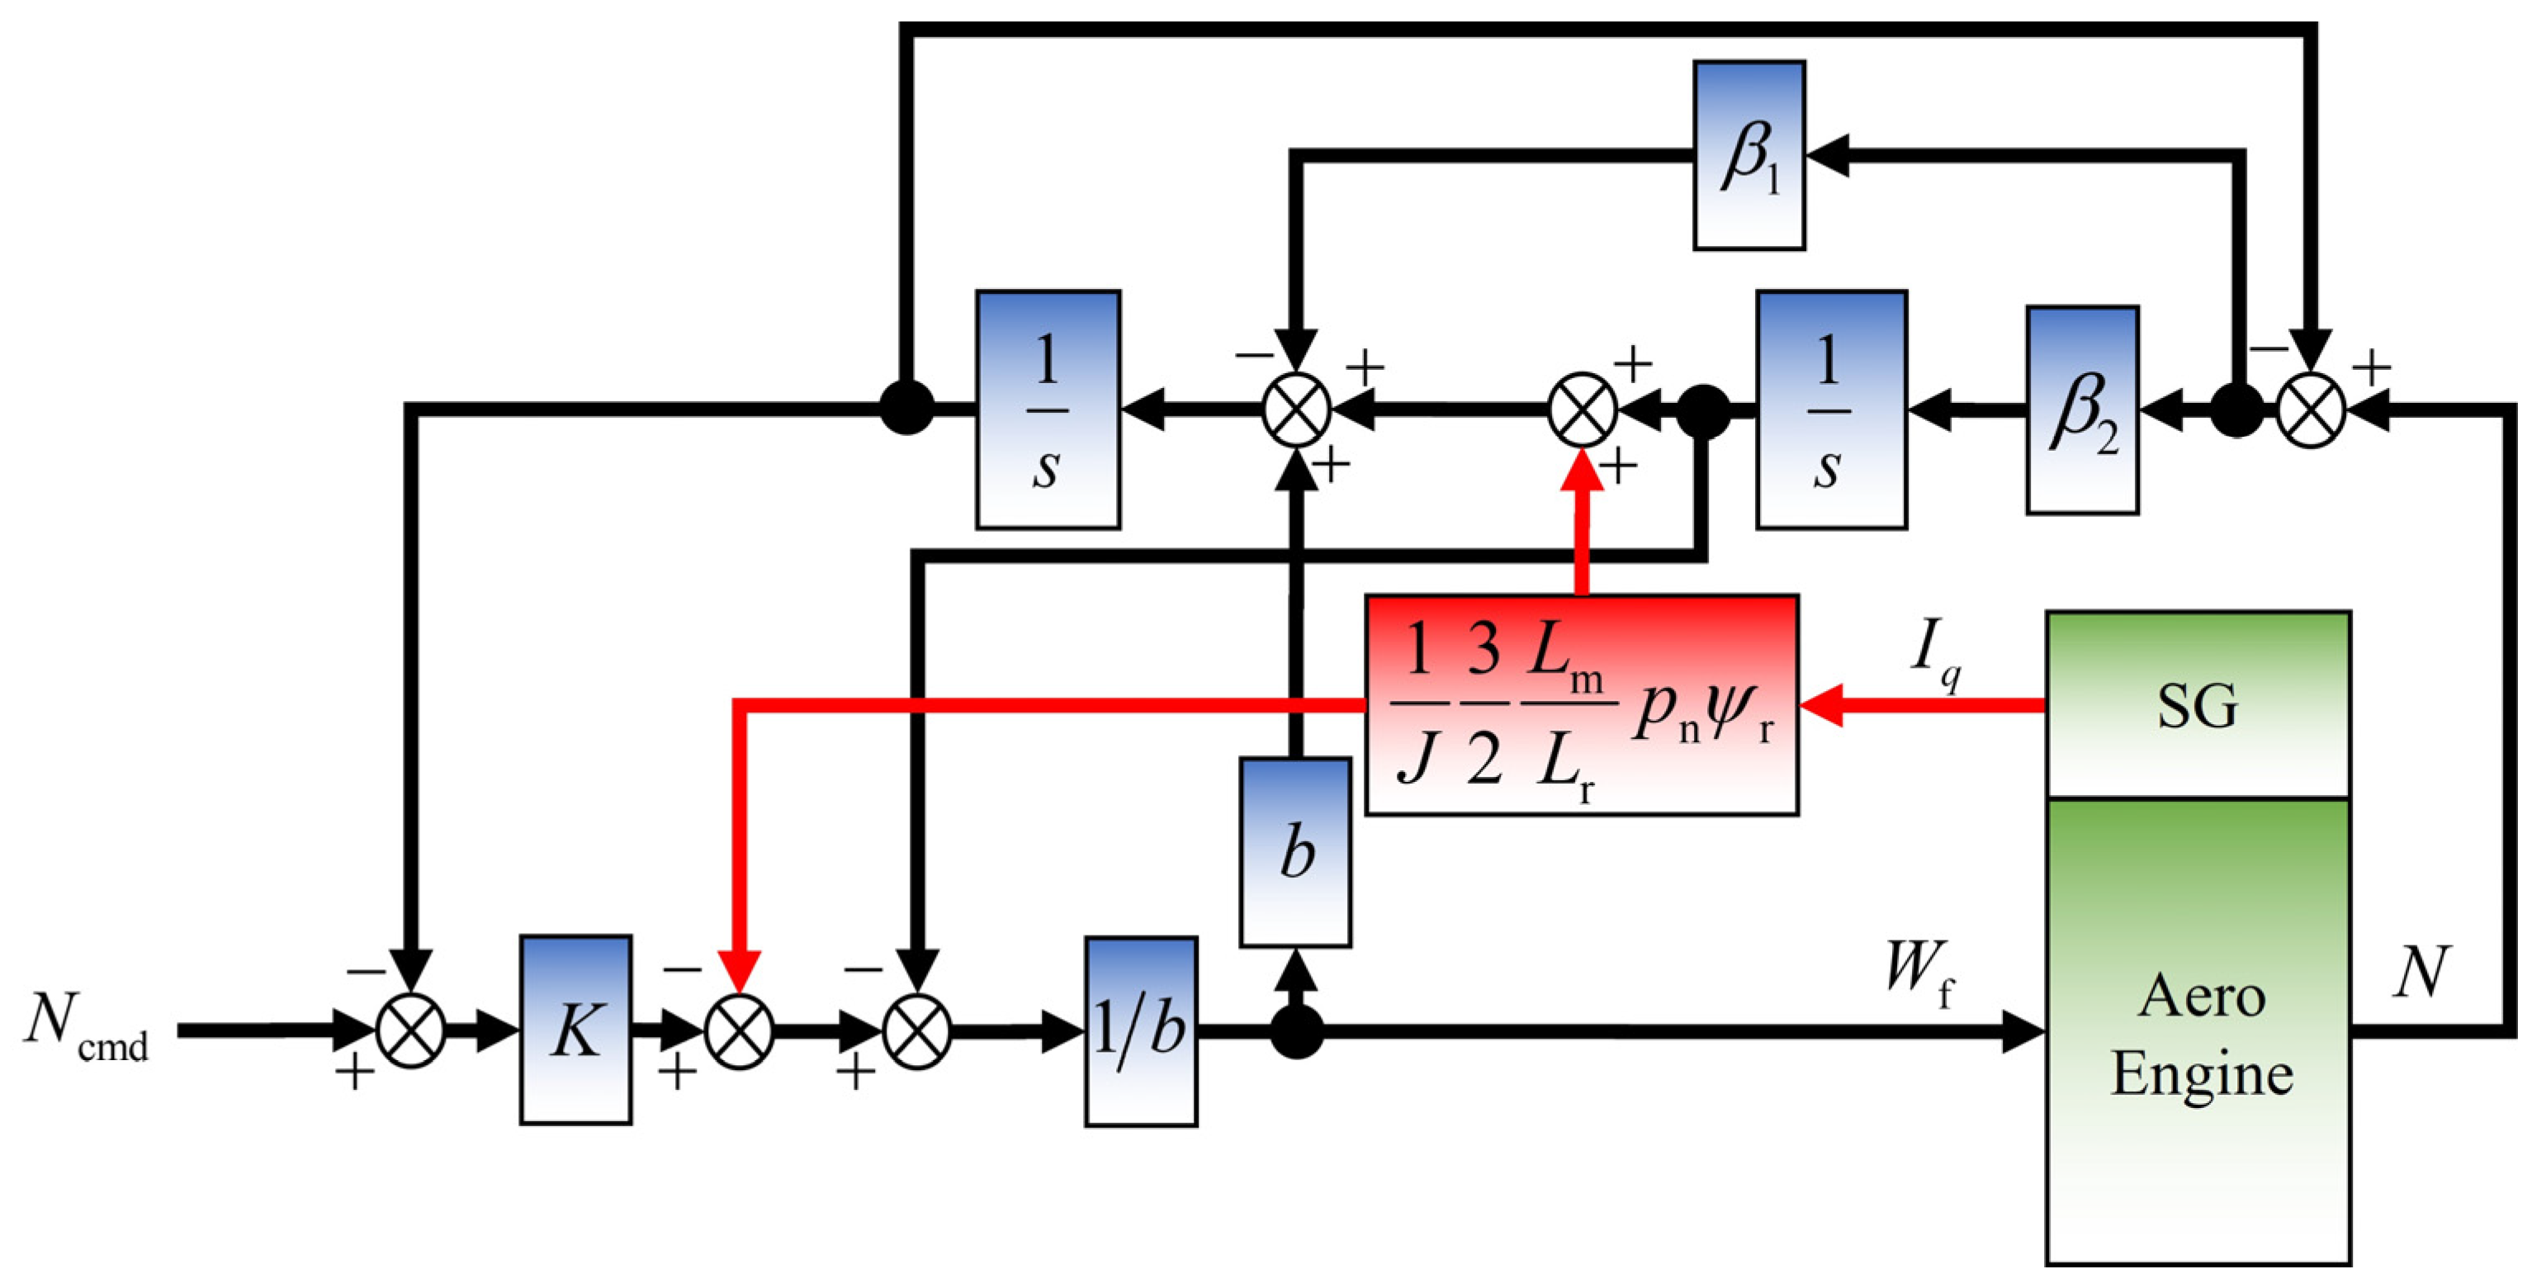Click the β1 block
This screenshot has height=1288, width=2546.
point(1749,155)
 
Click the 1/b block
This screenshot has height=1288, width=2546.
point(1141,1031)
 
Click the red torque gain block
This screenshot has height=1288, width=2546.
point(1582,705)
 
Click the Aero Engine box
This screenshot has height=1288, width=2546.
point(2197,1032)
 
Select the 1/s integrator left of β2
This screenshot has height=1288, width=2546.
point(1830,410)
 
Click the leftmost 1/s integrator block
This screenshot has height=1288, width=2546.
point(1048,410)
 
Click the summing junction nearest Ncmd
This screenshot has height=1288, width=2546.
point(411,1031)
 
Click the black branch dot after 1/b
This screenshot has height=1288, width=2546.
point(1296,1032)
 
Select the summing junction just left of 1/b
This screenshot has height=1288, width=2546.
point(916,1031)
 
